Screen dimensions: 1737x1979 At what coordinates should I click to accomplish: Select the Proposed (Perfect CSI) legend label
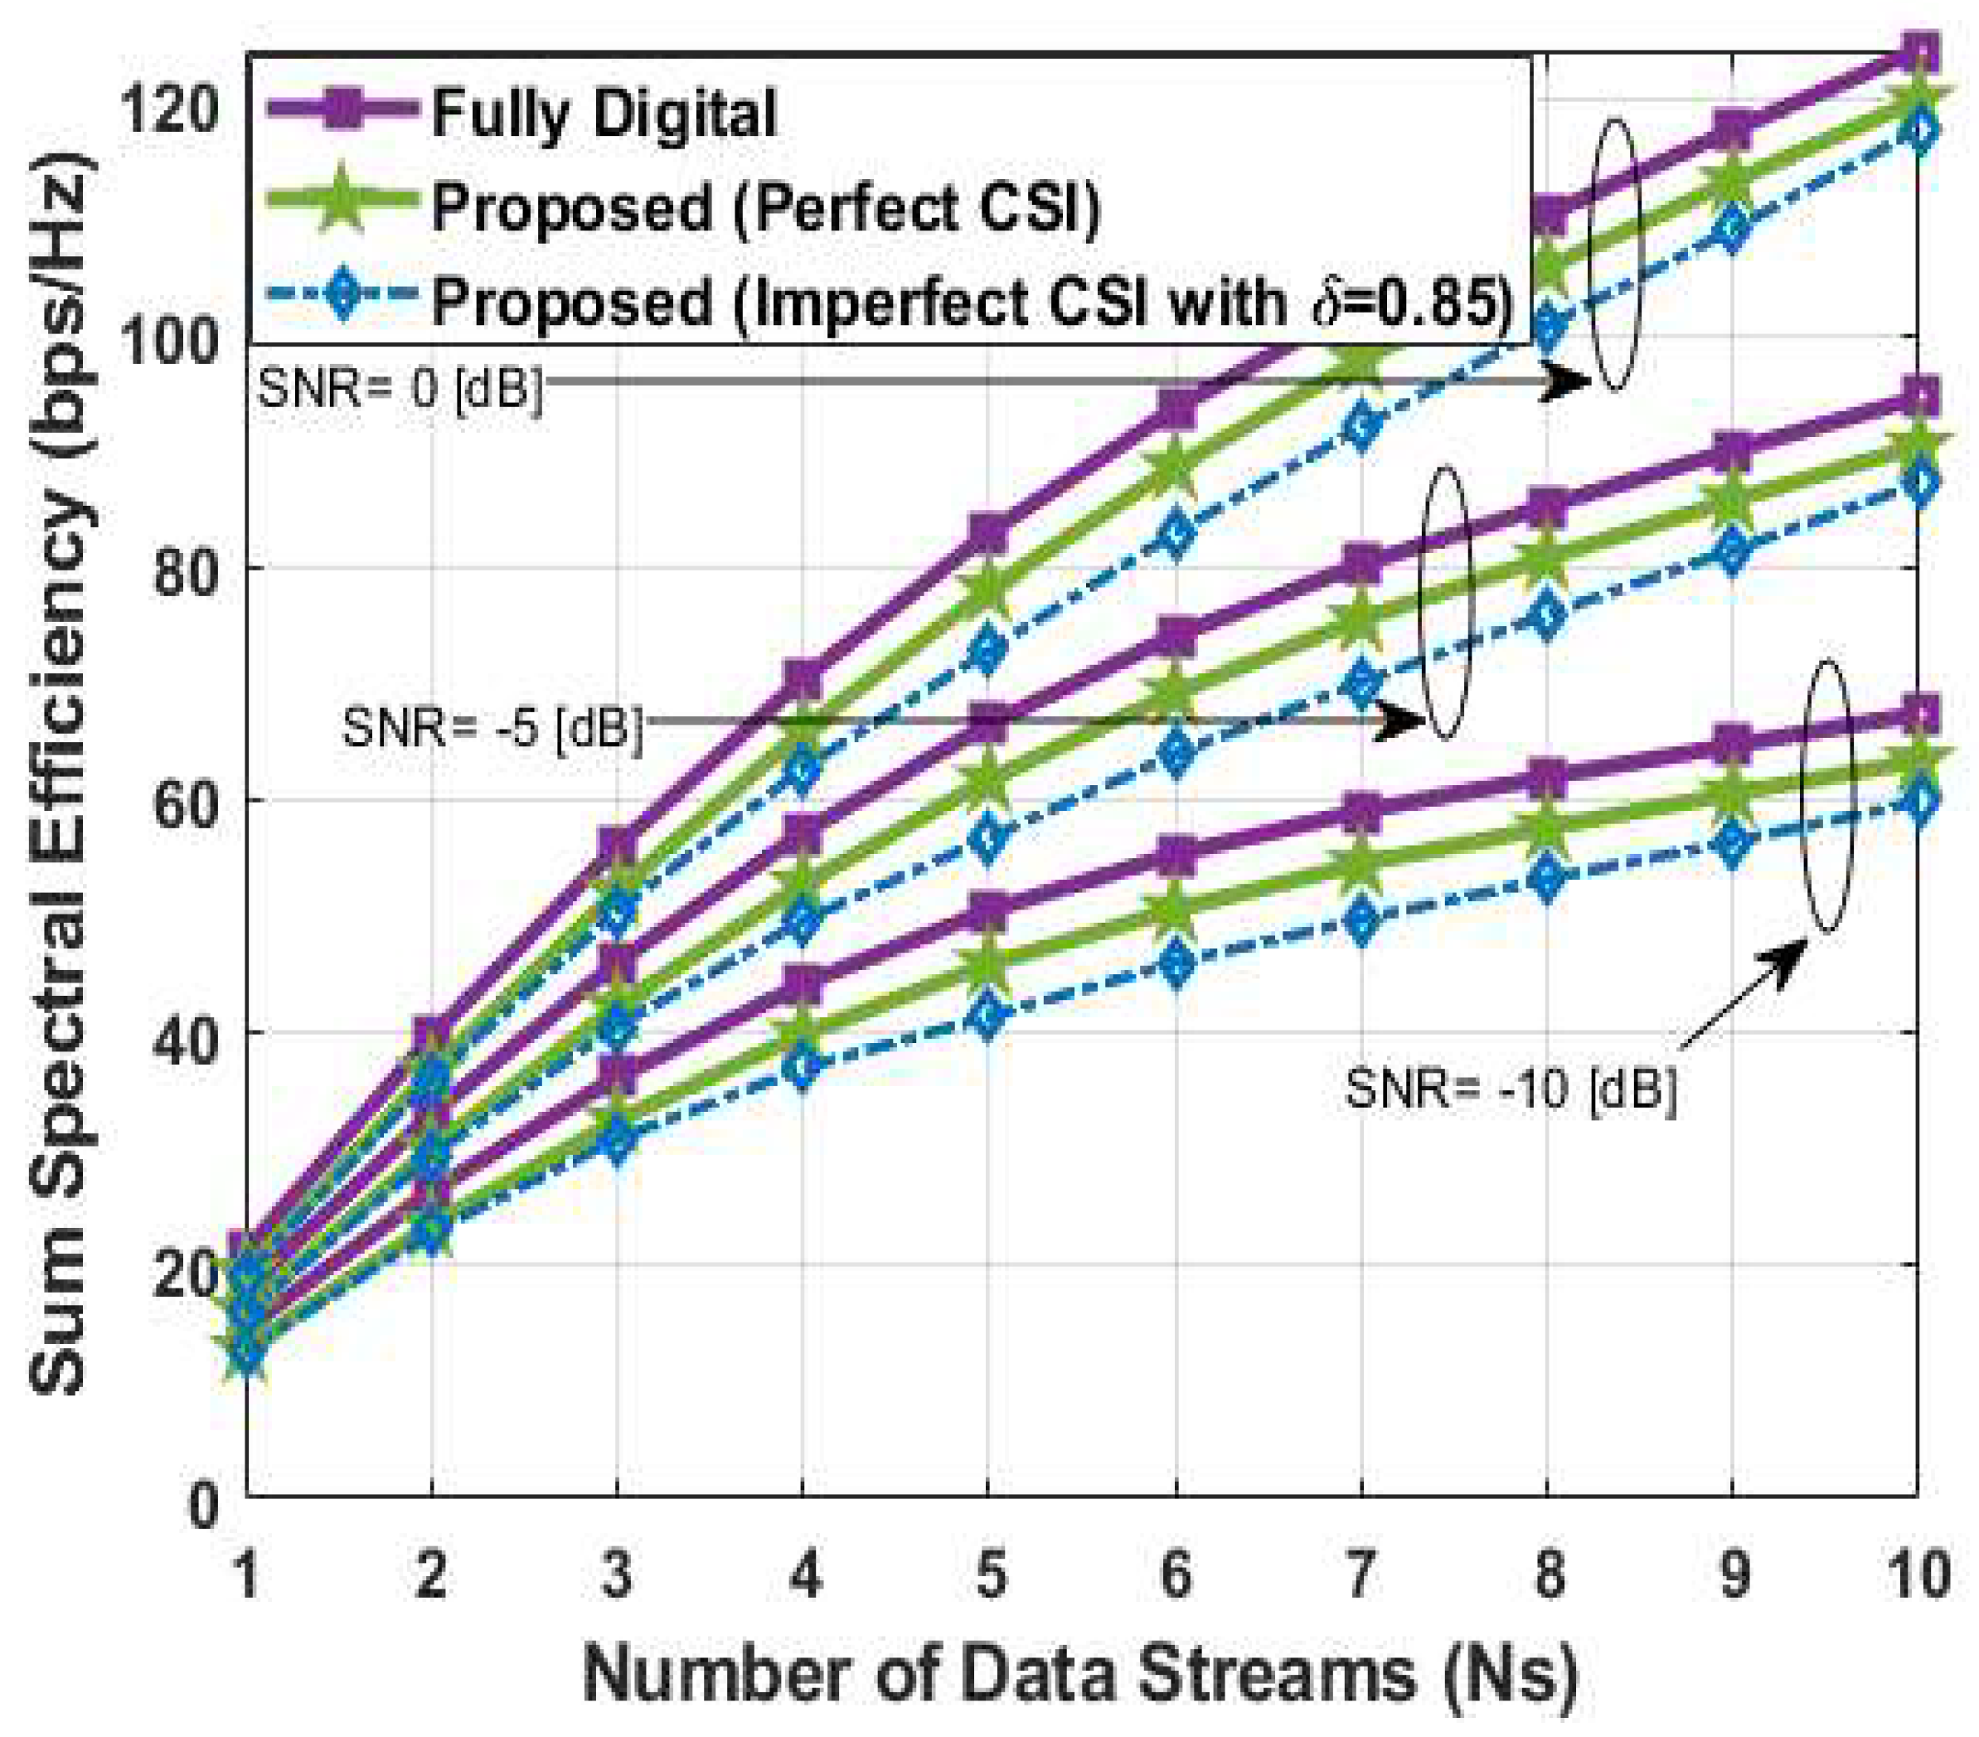pos(765,206)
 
